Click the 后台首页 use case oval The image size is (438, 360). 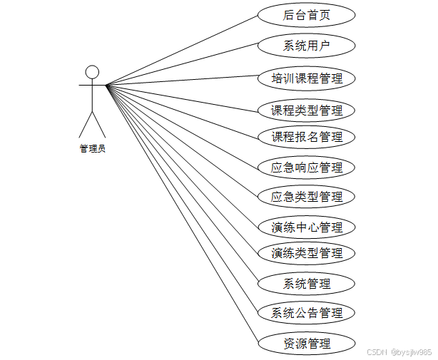pos(307,14)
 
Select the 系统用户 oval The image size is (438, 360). pos(307,46)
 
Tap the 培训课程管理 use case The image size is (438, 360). pos(307,78)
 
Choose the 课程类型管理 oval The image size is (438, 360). pos(307,110)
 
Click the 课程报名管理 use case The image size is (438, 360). pos(307,136)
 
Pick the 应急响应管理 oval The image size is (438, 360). pos(307,168)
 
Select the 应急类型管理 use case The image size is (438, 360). pos(307,196)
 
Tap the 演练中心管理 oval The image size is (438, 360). pos(307,227)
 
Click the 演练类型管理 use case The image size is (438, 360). pos(307,252)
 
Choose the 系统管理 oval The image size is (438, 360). pos(307,284)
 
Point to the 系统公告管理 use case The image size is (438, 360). pos(307,312)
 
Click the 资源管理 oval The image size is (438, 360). pos(307,344)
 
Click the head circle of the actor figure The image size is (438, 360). pos(92,71)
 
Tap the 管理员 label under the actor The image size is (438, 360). pos(92,149)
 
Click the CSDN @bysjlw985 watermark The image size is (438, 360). pos(399,352)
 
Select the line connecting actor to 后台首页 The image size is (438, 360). pos(182,50)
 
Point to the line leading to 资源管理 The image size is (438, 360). pos(182,214)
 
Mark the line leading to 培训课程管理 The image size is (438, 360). pos(182,80)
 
